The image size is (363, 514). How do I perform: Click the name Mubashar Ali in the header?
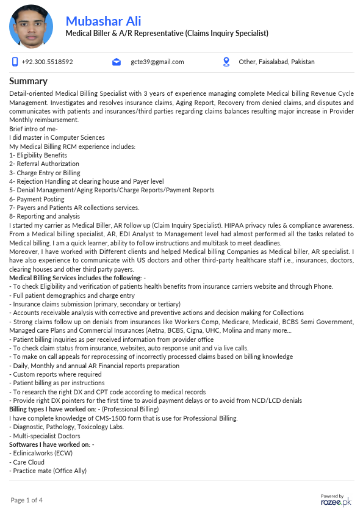tap(103, 21)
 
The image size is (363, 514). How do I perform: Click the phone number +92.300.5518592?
tap(47, 62)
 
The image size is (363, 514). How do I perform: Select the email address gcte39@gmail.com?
tap(157, 62)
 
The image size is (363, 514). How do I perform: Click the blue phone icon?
tap(15, 62)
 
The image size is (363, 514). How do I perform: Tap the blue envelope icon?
tap(117, 62)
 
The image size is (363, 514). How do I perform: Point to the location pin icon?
tap(226, 62)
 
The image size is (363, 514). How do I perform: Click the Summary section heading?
tap(28, 81)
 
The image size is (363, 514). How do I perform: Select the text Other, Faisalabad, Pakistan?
tap(276, 62)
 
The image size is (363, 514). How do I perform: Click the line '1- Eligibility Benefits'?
tap(38, 155)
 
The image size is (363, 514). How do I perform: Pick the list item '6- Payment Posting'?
tap(37, 199)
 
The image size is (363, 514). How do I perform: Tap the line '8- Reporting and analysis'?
tap(45, 217)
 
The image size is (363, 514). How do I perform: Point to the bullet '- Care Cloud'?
tap(27, 462)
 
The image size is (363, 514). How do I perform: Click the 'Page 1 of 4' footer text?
tap(26, 501)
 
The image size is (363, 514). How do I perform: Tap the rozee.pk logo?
tap(336, 501)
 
